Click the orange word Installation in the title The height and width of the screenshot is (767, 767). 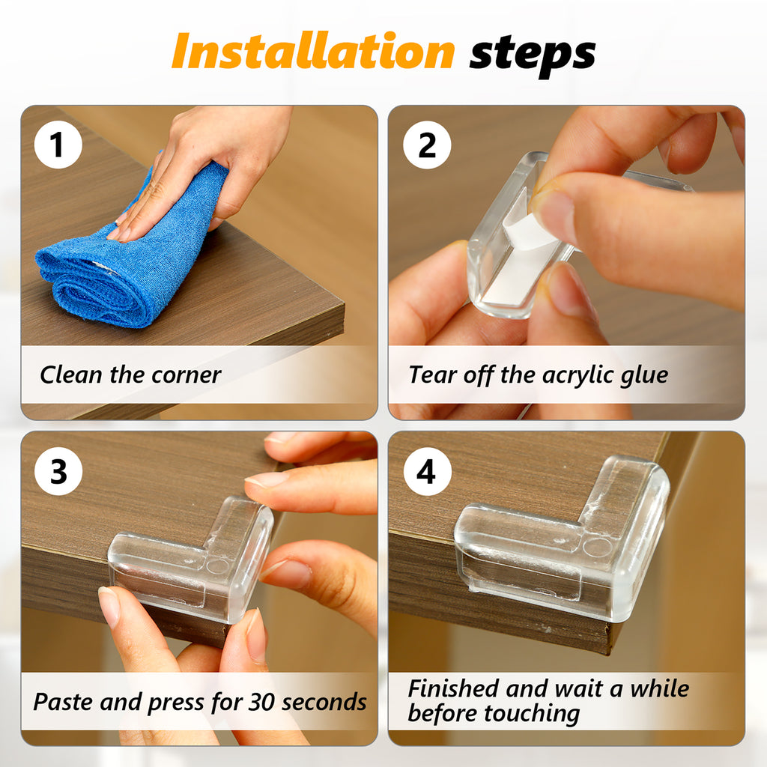click(314, 51)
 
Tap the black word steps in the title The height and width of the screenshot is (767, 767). click(533, 54)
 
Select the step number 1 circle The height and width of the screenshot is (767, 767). click(58, 145)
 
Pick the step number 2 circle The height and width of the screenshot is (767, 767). click(427, 145)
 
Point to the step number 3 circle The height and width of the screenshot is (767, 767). click(58, 472)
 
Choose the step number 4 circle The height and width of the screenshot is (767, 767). click(427, 472)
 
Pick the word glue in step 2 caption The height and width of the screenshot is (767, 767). click(644, 376)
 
